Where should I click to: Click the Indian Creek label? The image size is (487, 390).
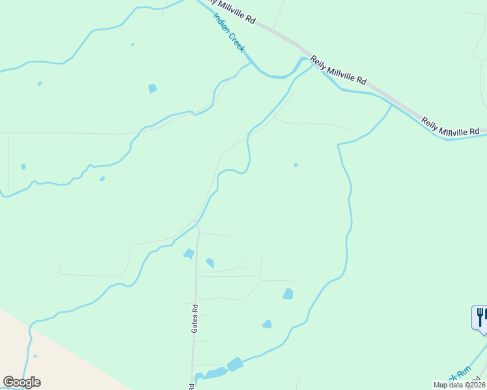point(229,33)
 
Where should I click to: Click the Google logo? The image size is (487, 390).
point(21,382)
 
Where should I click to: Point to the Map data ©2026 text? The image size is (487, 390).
point(460,385)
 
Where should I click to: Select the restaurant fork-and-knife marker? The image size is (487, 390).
point(480,318)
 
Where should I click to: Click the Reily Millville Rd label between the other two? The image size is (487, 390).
point(338,70)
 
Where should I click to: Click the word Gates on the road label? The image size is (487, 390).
point(194,323)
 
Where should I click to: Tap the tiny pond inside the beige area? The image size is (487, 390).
point(35,356)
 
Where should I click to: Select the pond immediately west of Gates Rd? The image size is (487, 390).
point(189,253)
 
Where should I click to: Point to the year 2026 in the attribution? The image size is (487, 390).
point(476,385)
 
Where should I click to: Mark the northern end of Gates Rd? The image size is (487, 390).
point(196,223)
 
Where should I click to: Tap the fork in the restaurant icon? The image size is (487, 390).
point(479,317)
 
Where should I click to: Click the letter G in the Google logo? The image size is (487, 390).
point(8,382)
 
